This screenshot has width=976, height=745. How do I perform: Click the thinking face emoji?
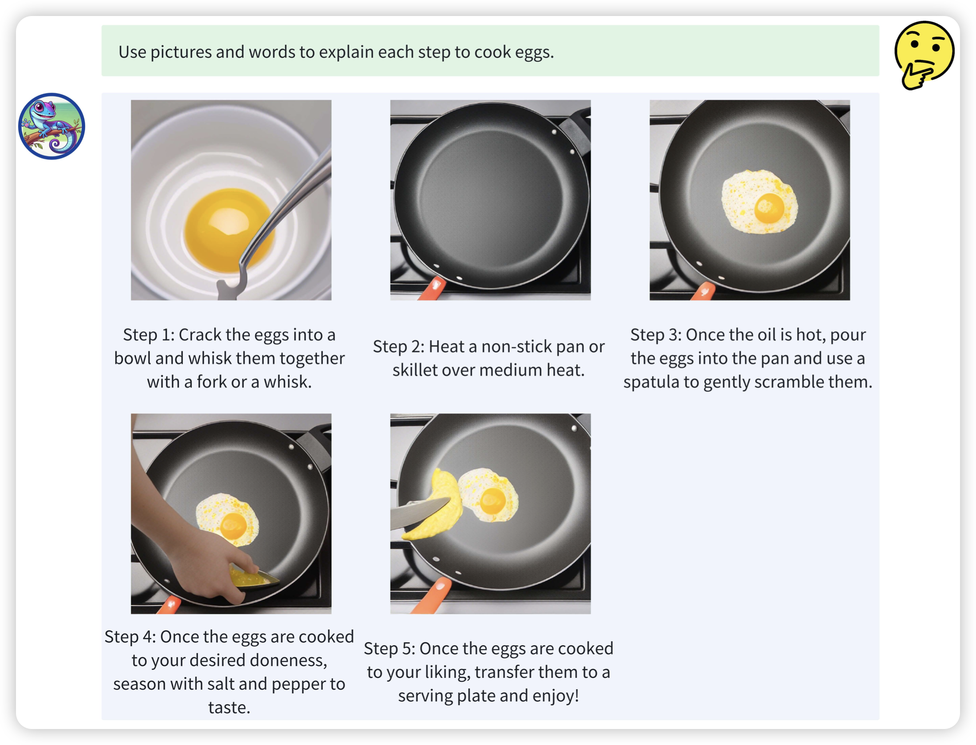(924, 55)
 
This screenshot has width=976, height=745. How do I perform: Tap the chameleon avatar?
(52, 126)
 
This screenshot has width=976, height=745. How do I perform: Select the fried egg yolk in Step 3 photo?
(769, 208)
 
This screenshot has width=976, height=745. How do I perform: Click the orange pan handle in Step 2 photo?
(431, 289)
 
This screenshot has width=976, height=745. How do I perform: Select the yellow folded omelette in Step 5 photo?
(437, 504)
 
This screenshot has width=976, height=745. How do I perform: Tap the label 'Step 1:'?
(149, 335)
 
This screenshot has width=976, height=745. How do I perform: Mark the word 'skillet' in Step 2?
(417, 370)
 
